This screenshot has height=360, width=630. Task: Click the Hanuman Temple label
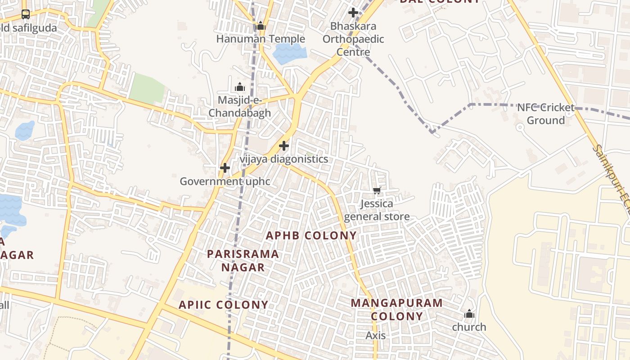[261, 39]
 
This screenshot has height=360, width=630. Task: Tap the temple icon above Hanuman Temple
[261, 26]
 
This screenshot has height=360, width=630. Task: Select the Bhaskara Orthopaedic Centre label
[353, 39]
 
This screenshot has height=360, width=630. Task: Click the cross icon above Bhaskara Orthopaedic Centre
[353, 13]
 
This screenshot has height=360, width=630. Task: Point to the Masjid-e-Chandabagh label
[240, 106]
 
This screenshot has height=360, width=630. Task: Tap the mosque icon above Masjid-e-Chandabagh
[240, 87]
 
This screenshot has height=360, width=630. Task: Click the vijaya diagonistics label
[283, 159]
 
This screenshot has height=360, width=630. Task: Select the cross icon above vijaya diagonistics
[284, 146]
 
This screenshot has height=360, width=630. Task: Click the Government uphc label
[225, 181]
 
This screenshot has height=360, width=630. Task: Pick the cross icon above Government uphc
[225, 168]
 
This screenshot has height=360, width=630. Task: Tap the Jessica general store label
[377, 210]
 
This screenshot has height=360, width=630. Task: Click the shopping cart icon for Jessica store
[377, 191]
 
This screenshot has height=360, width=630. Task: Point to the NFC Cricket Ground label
[545, 114]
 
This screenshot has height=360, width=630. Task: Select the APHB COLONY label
[311, 235]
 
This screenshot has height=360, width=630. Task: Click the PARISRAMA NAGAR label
[243, 261]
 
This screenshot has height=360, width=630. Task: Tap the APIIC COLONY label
[224, 305]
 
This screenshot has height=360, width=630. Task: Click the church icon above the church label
[469, 314]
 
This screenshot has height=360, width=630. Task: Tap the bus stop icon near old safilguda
[26, 14]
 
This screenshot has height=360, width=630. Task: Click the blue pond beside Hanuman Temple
[289, 54]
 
